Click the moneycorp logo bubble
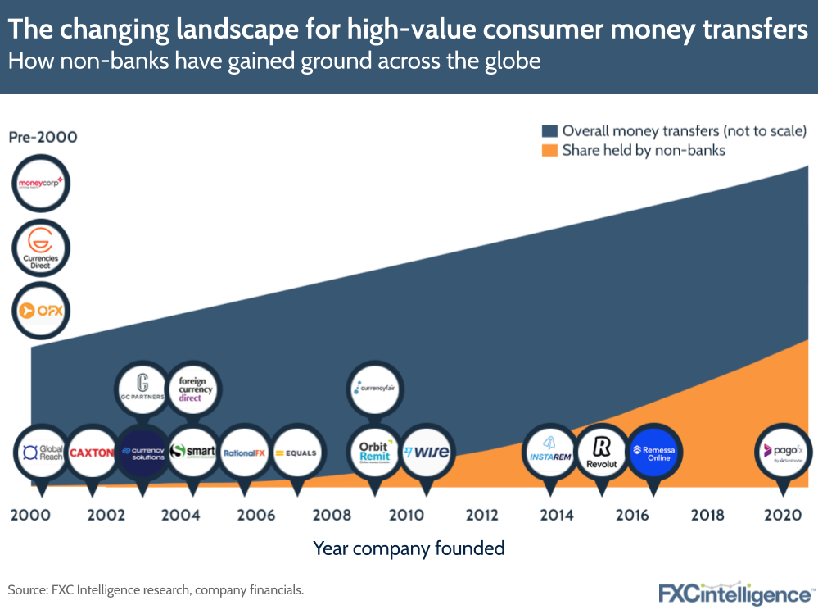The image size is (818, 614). pos(41,182)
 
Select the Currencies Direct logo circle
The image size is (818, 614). pos(41,247)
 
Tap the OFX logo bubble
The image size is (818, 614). pos(41,311)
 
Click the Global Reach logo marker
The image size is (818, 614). pos(42,452)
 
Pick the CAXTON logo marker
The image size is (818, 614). pos(92,452)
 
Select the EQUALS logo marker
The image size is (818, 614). pos(296,452)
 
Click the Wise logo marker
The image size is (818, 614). pos(426,452)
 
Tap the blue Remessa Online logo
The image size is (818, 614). pos(653,452)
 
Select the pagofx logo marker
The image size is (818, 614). pos(782,452)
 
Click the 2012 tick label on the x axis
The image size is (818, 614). pos(481,515)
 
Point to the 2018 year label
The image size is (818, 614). pos(707,515)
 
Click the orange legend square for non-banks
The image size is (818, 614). pos(549,150)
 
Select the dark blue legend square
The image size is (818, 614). pos(549,130)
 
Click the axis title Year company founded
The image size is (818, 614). pos(409,548)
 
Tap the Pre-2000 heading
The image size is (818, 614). pos(43,137)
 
